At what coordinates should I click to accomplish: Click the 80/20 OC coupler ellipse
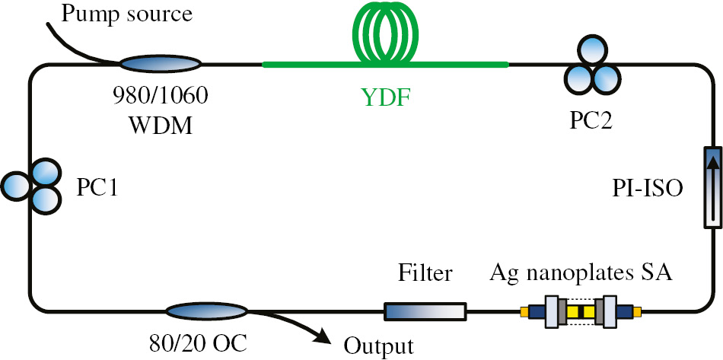pyautogui.click(x=207, y=311)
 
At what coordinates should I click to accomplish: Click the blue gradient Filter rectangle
pyautogui.click(x=425, y=311)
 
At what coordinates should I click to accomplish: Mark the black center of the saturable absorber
pyautogui.click(x=580, y=311)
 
